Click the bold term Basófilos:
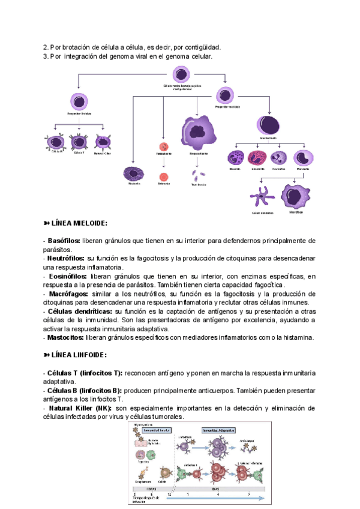click(x=63, y=241)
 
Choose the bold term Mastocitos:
click(x=65, y=337)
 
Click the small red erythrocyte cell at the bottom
click(x=163, y=177)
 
